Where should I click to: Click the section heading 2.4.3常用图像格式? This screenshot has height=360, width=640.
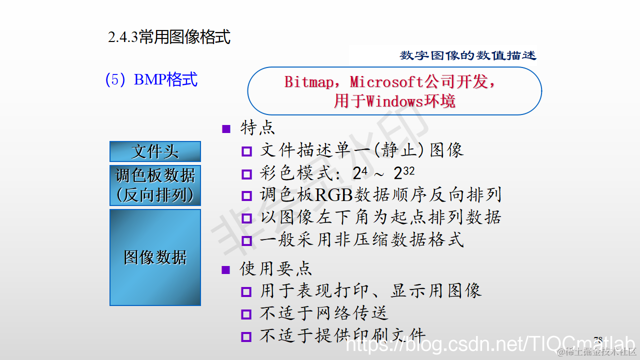click(169, 37)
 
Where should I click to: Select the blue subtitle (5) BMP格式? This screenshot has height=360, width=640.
click(151, 79)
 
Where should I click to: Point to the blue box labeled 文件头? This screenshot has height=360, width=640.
click(155, 151)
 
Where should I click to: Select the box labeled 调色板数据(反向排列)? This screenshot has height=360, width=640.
click(155, 185)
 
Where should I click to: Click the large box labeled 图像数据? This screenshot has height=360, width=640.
click(155, 257)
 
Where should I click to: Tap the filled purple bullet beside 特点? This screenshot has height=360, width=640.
click(226, 129)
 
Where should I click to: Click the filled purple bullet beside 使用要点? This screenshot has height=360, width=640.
click(226, 270)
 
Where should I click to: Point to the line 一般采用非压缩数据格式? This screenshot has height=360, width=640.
click(361, 240)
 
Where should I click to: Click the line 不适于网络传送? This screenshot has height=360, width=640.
click(323, 313)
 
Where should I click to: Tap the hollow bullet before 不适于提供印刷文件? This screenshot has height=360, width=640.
click(246, 336)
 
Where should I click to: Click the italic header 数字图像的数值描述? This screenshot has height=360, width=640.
click(468, 55)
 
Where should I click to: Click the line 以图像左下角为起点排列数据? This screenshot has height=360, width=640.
click(380, 217)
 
